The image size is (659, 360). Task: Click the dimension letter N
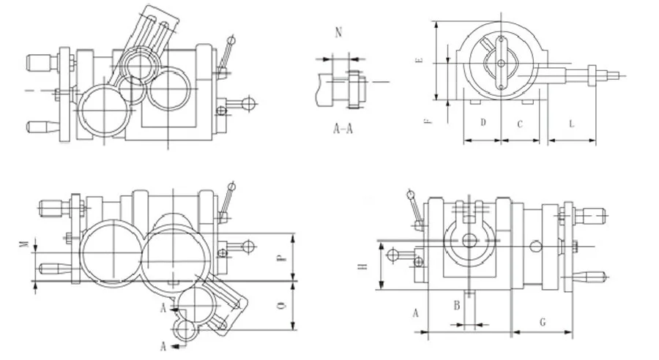click(337, 32)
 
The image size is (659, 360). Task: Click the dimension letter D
click(483, 124)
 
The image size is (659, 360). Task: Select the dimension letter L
click(571, 124)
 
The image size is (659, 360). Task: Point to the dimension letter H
click(362, 267)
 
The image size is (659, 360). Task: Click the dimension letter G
click(542, 321)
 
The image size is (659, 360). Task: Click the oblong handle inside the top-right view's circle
click(501, 63)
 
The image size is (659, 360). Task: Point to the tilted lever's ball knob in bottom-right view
click(410, 195)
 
